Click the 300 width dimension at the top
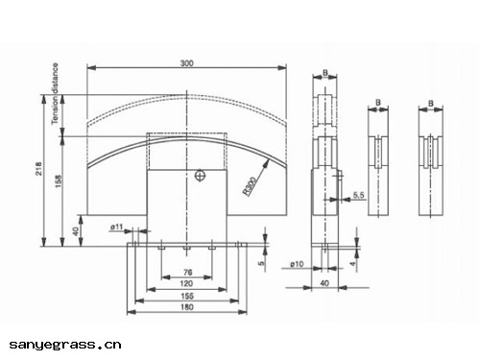point(186,63)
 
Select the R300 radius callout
point(250,186)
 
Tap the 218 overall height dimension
point(38,168)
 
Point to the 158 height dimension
point(59,180)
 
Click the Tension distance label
point(55,93)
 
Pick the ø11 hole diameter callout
point(116,227)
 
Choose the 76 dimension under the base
point(188,273)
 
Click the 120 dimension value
point(186,283)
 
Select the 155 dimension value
point(187,296)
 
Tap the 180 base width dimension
point(187,307)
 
